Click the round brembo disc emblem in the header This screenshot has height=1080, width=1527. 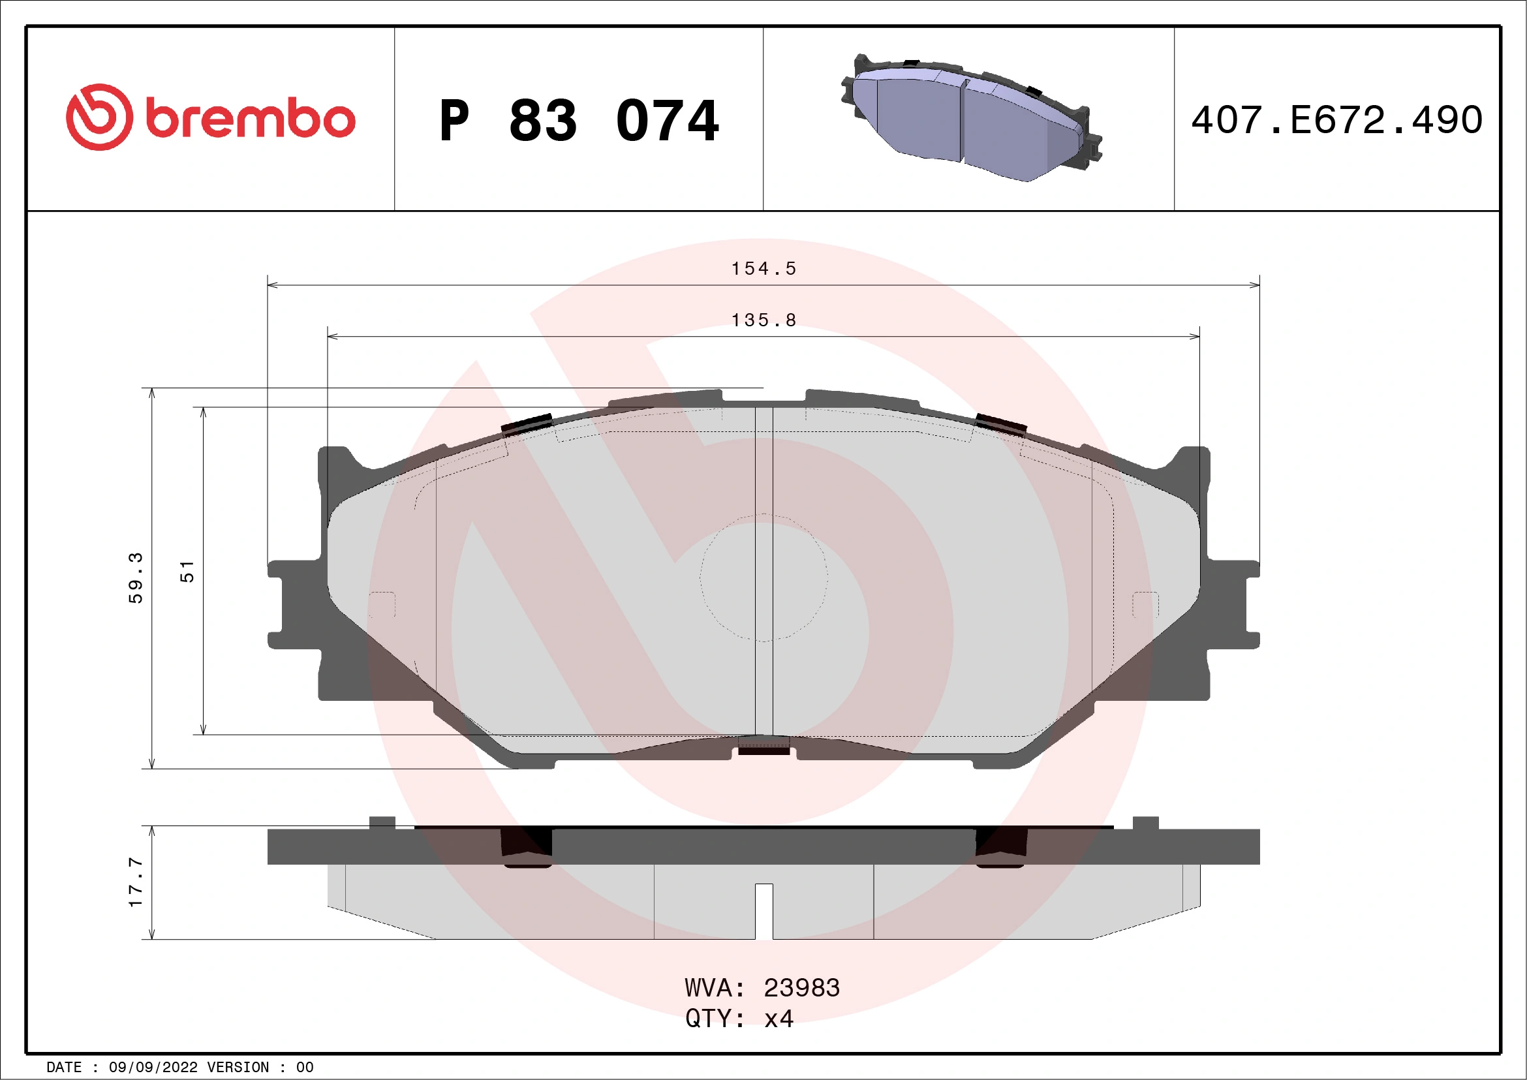click(x=99, y=117)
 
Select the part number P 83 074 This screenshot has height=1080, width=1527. click(x=579, y=121)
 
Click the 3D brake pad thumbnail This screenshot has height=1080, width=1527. click(x=970, y=118)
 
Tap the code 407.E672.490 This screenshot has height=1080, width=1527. click(x=1337, y=120)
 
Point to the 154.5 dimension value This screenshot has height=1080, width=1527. click(x=763, y=269)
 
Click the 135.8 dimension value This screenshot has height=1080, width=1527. click(x=763, y=320)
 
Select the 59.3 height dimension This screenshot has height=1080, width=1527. click(x=136, y=578)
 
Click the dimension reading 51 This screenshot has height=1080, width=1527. click(x=187, y=571)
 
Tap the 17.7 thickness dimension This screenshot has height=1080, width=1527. click(x=136, y=882)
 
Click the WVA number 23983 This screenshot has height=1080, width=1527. click(x=801, y=988)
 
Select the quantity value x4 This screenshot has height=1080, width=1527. click(x=778, y=1019)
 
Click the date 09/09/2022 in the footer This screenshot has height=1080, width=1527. click(x=153, y=1068)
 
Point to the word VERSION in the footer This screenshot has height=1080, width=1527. click(x=238, y=1068)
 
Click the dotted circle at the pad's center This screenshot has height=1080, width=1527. click(x=763, y=578)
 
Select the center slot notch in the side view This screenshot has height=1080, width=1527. click(x=763, y=911)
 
